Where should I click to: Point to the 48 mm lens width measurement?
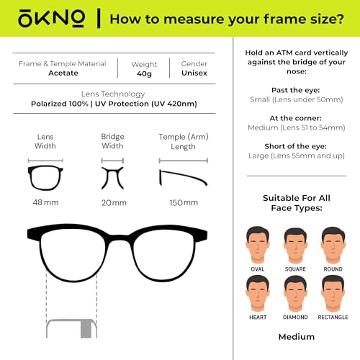[x=45, y=202]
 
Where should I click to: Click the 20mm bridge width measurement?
[x=114, y=202]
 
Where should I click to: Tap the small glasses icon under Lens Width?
[x=45, y=176]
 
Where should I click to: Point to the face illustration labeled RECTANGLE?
[x=332, y=292]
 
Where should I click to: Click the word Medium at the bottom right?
[x=296, y=336]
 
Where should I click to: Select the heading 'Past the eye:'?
[x=296, y=90]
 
